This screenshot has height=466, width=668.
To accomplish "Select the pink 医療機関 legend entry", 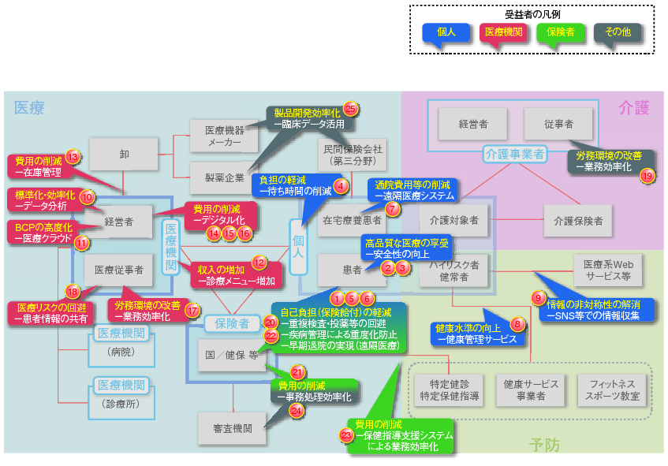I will coord(502,32).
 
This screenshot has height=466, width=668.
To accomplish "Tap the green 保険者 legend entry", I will coord(560,32).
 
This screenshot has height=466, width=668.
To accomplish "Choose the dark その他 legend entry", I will coord(617,32).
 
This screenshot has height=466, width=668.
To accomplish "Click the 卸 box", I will coord(124,154).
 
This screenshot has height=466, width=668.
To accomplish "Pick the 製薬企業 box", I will coord(225,178).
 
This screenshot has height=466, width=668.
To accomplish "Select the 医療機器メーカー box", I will coord(225,136).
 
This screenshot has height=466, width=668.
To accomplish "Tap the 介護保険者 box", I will coord(577,221).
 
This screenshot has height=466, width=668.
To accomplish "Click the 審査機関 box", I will coord(233,428).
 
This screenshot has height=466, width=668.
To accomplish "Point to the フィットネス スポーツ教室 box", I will coord(609,390).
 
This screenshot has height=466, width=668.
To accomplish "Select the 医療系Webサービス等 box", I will coord(608,270).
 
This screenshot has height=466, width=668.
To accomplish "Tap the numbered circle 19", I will coord(647,176).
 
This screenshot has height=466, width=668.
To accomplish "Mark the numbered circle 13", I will coord(73,156).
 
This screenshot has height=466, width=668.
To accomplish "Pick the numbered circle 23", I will coord(346,434).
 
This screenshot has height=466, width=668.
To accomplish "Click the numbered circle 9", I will coord(539,299).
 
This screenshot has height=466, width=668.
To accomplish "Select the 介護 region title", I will coord(633,106).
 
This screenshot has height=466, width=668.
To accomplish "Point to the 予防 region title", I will coord(545,445).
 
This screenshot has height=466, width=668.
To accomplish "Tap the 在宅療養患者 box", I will coord(351,221).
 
